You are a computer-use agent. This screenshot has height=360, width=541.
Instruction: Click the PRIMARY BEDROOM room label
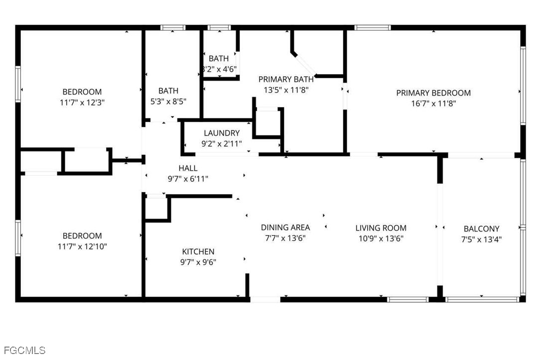click(433, 93)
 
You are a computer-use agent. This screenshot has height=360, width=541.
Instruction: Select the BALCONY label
click(481, 229)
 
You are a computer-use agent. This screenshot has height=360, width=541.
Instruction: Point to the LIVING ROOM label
click(381, 228)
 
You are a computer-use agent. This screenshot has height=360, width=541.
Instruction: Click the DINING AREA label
click(285, 228)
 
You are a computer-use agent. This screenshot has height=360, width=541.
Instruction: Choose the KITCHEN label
click(198, 252)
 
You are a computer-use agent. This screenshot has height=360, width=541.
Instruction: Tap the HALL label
click(188, 168)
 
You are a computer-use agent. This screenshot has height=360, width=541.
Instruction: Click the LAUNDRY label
click(222, 133)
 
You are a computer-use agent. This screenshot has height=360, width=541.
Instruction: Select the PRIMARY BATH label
click(286, 79)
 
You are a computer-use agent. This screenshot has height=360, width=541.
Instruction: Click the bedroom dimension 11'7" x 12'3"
click(82, 102)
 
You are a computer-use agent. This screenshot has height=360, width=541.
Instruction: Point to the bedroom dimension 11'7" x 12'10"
click(82, 246)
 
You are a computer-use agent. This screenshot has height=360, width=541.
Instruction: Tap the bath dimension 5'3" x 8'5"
click(168, 101)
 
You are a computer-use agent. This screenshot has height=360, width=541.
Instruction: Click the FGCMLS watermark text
click(24, 350)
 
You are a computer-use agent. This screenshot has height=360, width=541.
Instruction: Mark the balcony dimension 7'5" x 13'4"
click(481, 239)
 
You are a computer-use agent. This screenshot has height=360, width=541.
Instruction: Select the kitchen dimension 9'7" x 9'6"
click(198, 262)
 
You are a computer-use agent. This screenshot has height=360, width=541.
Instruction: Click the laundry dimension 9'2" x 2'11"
click(222, 144)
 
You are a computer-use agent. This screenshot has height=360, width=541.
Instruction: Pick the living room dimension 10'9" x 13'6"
click(381, 239)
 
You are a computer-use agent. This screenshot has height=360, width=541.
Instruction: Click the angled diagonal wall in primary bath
click(305, 63)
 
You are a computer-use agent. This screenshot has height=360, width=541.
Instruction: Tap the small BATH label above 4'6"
click(219, 59)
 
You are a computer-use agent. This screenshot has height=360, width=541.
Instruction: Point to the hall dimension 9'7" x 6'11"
click(188, 178)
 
